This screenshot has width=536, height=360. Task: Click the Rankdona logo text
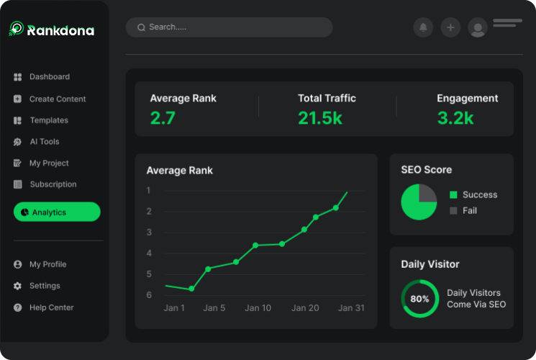[x=60, y=30]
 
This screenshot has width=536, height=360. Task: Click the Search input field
[x=229, y=27]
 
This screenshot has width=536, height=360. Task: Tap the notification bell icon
[x=423, y=27]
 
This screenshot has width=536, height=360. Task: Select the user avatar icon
[x=478, y=27]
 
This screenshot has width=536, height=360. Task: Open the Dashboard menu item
[x=49, y=77]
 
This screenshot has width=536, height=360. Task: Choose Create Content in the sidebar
[x=57, y=99]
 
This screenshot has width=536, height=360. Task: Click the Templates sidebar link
[x=48, y=120]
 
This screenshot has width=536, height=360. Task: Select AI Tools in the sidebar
[x=44, y=142]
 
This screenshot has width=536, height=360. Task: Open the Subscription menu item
[x=53, y=184]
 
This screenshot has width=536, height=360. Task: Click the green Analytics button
[x=57, y=212]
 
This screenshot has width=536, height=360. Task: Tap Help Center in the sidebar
[x=51, y=307]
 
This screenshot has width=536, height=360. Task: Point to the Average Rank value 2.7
[x=163, y=118]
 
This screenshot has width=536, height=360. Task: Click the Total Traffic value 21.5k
[x=320, y=118]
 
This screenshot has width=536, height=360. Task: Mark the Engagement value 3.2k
[x=455, y=118]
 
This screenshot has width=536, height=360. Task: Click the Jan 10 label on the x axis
[x=258, y=308]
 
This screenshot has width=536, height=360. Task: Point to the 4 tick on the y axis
[x=149, y=253]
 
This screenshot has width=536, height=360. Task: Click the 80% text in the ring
[x=419, y=299]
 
